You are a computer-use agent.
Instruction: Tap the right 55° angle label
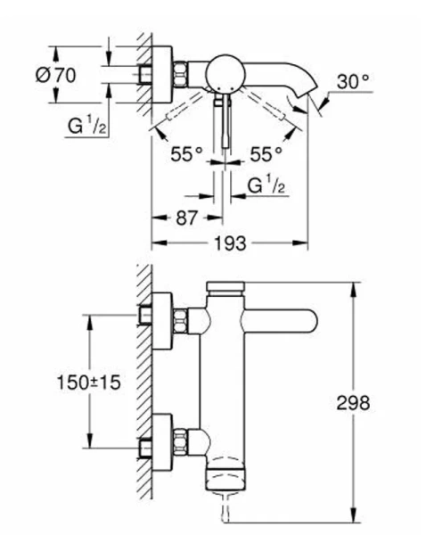coord(266,153)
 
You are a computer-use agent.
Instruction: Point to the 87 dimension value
coord(184,217)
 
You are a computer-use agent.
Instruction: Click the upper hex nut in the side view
coord(184,317)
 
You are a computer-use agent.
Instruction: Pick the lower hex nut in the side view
coord(184,439)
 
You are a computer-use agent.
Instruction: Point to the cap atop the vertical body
coord(225,286)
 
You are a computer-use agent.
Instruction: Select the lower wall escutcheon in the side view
coord(161,439)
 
